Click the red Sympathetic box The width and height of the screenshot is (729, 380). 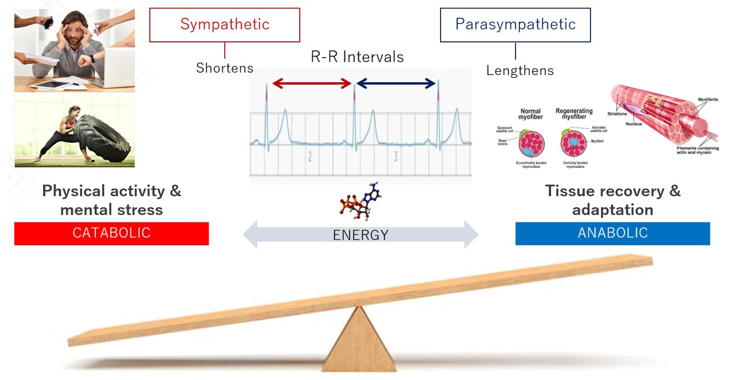pos(224,25)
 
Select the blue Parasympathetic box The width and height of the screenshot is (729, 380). pos(515,25)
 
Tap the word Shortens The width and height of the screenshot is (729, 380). pos(224,68)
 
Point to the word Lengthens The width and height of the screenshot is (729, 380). pos(519,70)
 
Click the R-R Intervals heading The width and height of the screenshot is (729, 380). pos(357,57)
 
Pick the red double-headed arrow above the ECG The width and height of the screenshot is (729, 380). pos(311,84)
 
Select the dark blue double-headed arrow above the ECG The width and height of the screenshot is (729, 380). pos(396,84)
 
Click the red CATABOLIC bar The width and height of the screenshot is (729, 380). pos(111,233)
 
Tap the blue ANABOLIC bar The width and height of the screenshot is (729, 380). pos(612,233)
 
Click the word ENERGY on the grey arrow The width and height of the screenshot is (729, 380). pos(360,235)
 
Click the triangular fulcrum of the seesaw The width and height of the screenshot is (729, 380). pos(359,342)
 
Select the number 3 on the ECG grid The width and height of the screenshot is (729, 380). pos(396,157)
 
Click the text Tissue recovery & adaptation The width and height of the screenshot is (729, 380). pos(612,200)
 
